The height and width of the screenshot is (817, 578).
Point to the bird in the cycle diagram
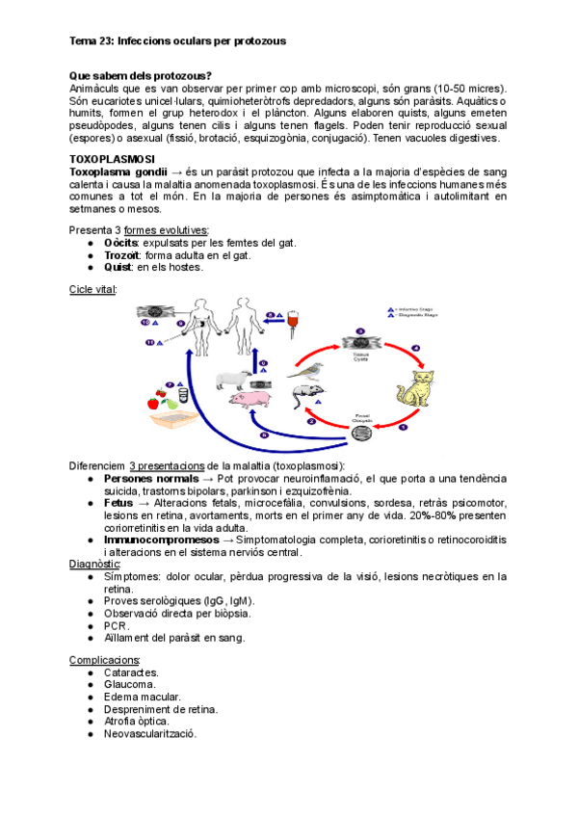click(309, 370)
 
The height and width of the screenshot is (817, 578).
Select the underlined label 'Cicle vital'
click(93, 289)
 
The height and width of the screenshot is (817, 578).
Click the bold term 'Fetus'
click(118, 502)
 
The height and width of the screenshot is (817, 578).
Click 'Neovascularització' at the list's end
click(150, 733)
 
